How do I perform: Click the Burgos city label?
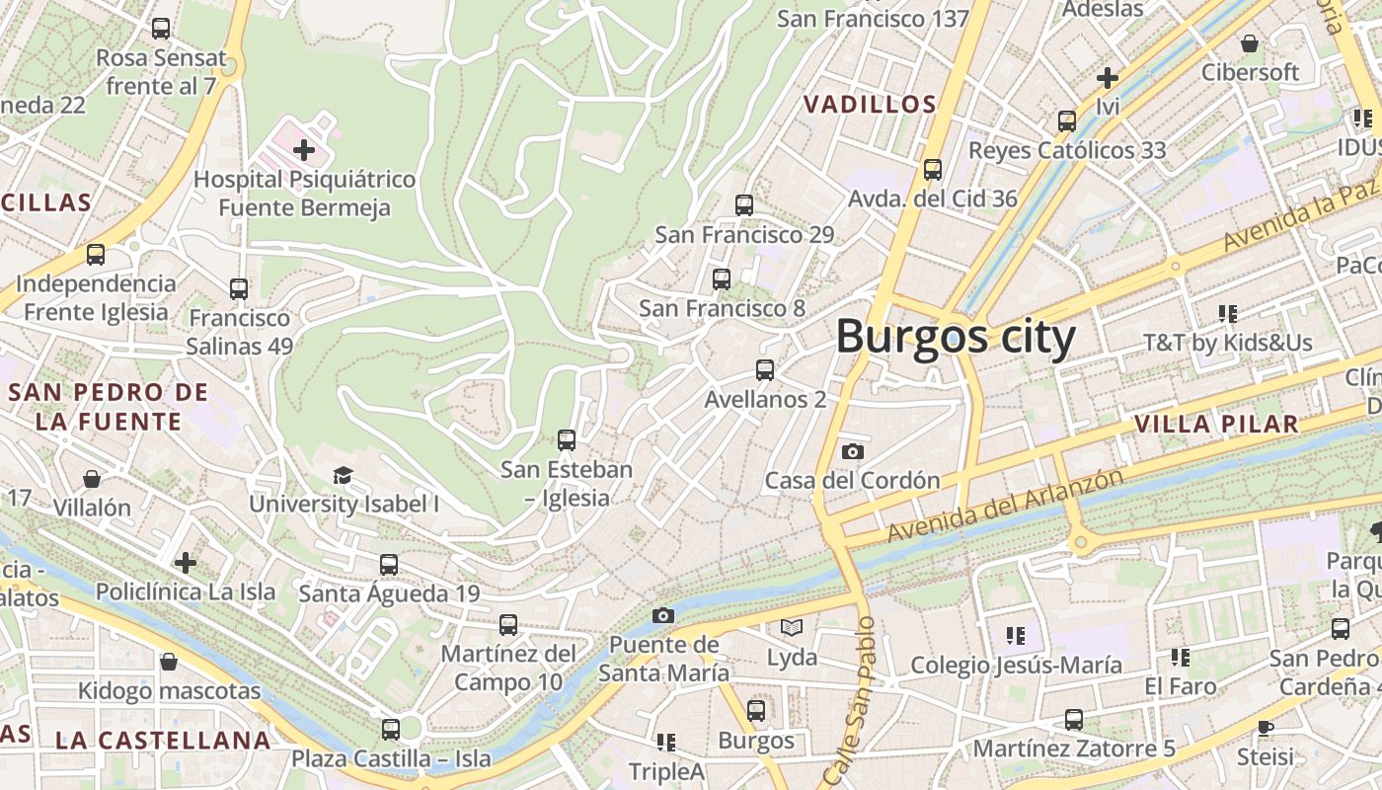tap(955, 338)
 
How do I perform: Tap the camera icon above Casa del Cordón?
tap(853, 451)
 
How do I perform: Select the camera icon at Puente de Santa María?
tap(663, 616)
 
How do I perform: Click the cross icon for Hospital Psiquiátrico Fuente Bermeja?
tap(304, 150)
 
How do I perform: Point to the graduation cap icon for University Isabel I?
tap(343, 475)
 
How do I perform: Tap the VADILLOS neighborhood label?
tap(869, 104)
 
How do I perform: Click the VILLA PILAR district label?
tap(1216, 425)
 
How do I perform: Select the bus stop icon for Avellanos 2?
tap(765, 370)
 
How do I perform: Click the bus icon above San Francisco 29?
tap(744, 205)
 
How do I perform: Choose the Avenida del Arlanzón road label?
tap(1005, 505)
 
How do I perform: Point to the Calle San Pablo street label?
tap(851, 701)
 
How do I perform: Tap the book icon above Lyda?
tap(792, 627)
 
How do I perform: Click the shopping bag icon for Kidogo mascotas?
tap(169, 662)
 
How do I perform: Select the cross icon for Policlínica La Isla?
tap(186, 563)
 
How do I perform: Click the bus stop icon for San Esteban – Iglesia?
tap(567, 440)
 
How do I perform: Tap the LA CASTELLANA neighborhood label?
tap(163, 740)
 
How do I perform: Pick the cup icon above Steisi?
tap(1266, 728)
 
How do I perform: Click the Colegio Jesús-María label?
tap(1016, 665)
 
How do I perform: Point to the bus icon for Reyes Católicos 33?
tap(1067, 121)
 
